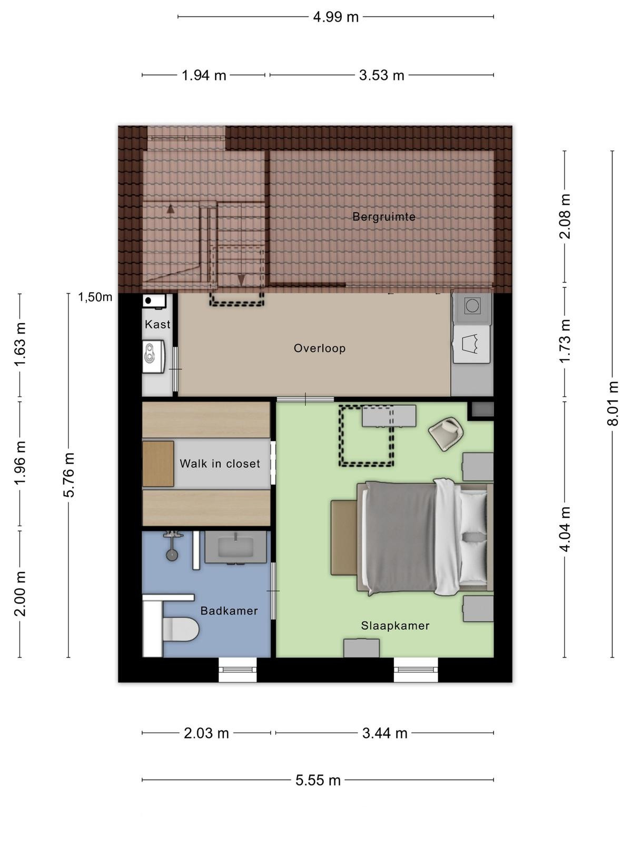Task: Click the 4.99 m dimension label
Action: [336, 17]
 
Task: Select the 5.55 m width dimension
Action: [318, 780]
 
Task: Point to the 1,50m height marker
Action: [95, 297]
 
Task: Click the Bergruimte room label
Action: [384, 217]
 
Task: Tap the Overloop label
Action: [320, 348]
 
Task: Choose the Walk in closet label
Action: [220, 464]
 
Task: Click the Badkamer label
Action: [229, 610]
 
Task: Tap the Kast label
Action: [157, 325]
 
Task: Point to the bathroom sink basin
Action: [235, 547]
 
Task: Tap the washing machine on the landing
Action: [472, 306]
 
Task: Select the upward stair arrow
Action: [171, 209]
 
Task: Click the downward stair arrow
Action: [241, 280]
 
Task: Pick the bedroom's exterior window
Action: [416, 670]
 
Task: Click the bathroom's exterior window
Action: [238, 670]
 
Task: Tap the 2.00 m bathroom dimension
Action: [20, 594]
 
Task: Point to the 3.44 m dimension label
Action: [384, 733]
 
